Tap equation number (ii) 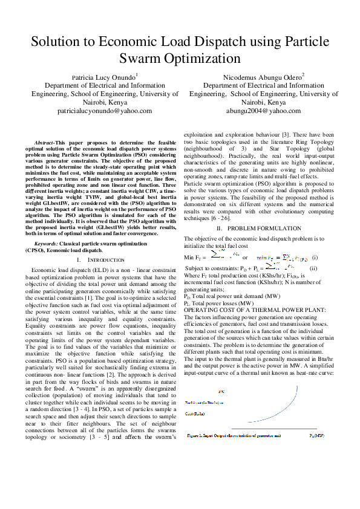[x=313, y=268]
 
